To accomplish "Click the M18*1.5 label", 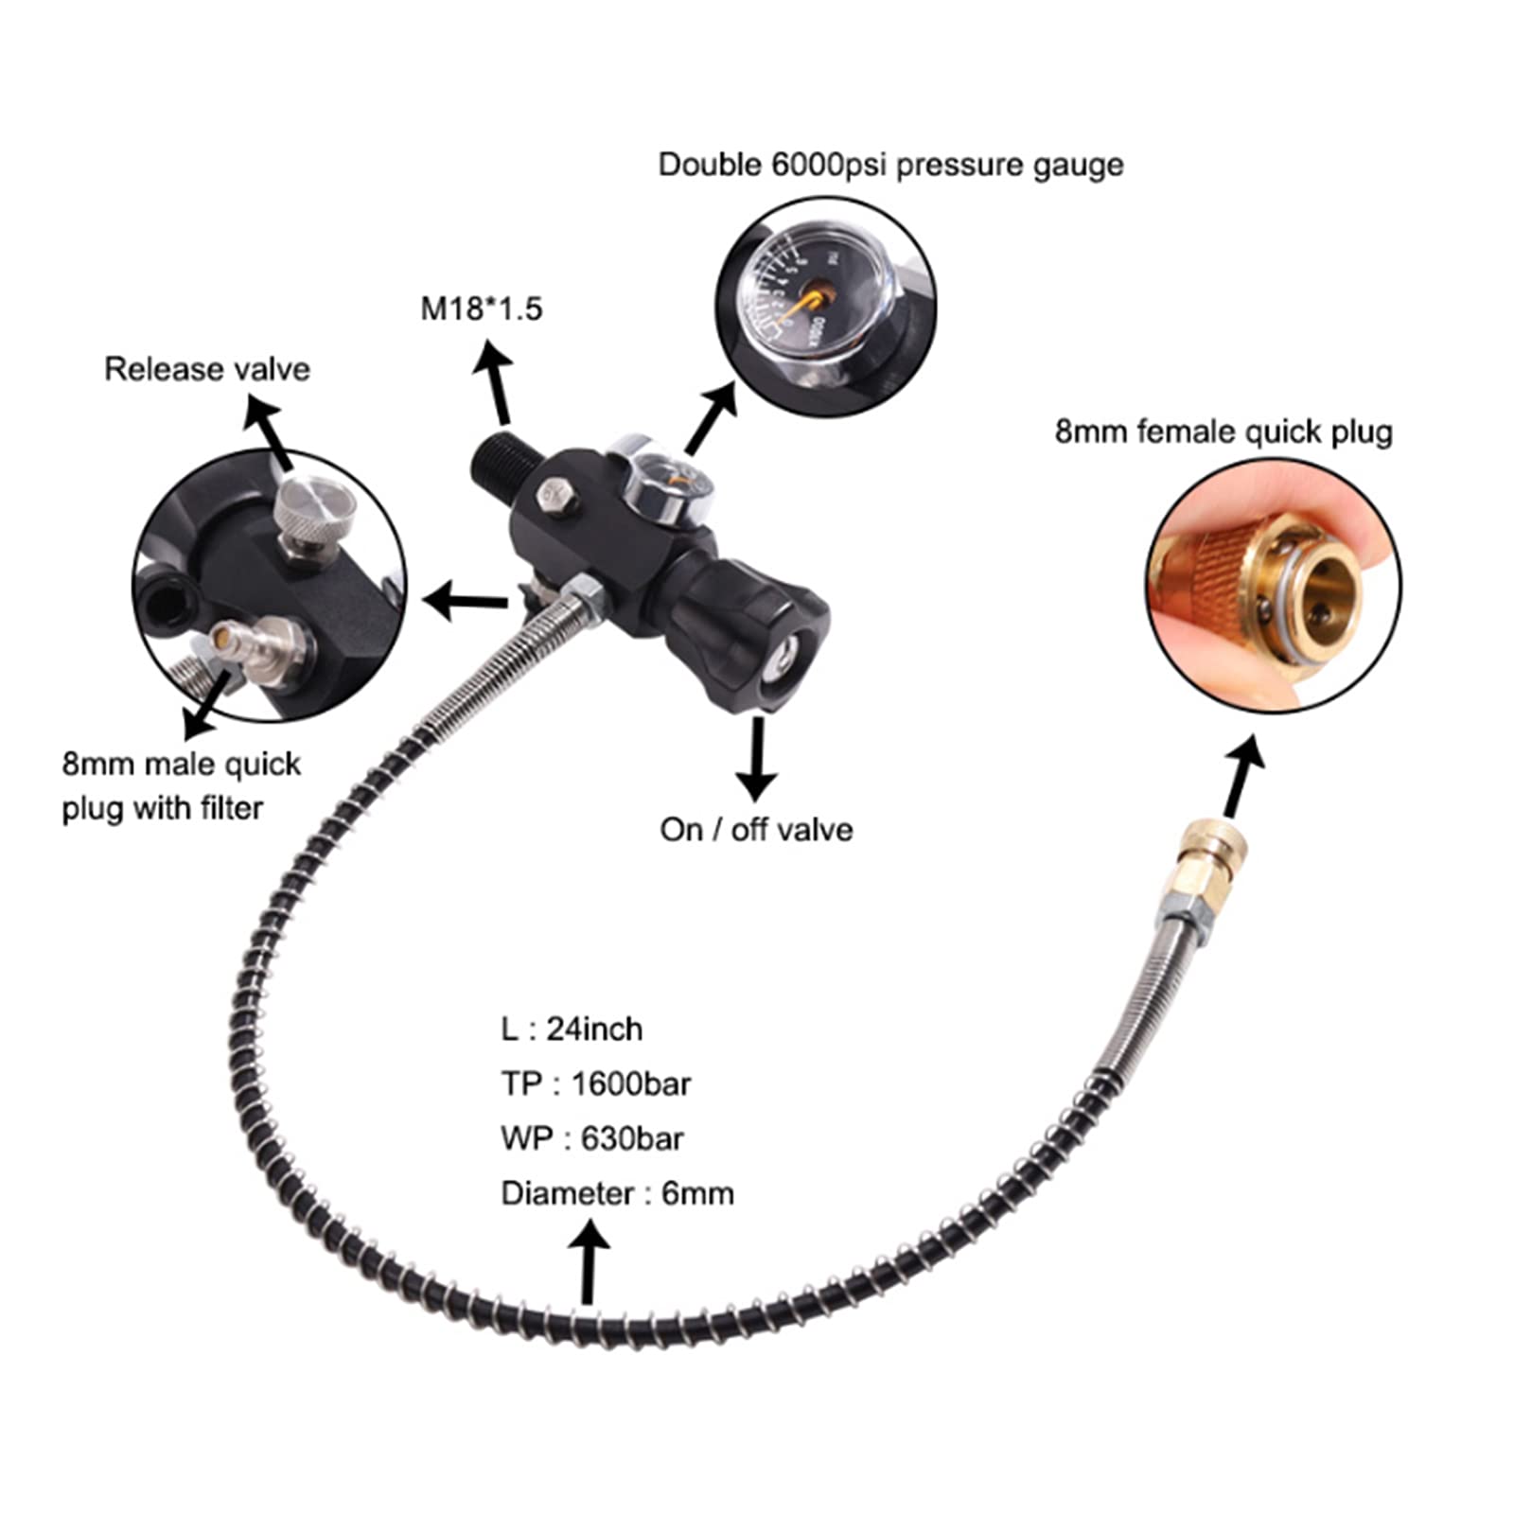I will (481, 308).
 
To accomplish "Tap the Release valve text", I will (207, 369).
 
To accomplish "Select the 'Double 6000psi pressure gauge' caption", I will (890, 165).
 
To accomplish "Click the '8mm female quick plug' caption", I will (1224, 431).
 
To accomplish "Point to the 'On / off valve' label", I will (756, 830).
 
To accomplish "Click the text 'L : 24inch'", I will (572, 1029).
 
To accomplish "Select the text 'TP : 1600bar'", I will (596, 1083).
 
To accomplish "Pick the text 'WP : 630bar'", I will (592, 1138).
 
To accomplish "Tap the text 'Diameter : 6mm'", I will (617, 1193).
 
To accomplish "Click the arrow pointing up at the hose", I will (590, 1263).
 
